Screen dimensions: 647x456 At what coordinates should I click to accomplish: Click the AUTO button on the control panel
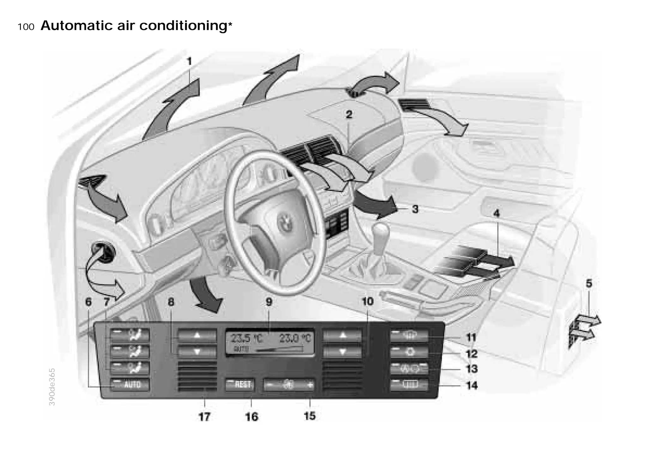point(130,385)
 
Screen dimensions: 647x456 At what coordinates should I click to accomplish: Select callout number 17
point(204,417)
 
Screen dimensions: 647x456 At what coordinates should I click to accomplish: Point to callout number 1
point(190,61)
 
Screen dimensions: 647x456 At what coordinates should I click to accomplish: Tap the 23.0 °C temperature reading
point(295,338)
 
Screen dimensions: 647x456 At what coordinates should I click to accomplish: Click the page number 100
point(26,27)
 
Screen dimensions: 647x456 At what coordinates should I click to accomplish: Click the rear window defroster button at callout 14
point(409,385)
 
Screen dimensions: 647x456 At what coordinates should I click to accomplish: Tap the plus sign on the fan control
point(310,385)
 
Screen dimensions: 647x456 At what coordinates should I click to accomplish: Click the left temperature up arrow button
point(197,335)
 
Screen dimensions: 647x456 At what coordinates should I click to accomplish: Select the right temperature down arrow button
point(342,351)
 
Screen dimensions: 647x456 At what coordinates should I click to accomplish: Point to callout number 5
point(589,283)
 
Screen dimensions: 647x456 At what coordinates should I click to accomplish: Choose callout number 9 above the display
point(269,302)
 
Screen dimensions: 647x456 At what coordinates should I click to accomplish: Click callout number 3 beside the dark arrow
point(415,209)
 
